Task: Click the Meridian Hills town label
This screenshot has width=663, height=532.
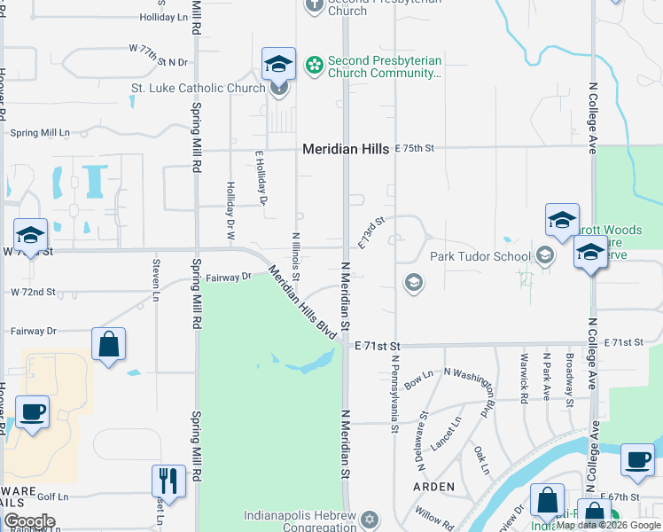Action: pos(346,149)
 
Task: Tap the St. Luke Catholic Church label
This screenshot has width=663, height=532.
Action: pos(198,88)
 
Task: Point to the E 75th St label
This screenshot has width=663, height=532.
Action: pos(417,148)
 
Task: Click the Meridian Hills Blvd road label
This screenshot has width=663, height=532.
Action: pos(301,302)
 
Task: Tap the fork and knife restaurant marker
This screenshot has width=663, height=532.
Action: pos(168,481)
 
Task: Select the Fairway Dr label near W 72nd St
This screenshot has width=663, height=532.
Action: pos(229,278)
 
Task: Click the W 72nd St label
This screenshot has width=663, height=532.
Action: pos(33,292)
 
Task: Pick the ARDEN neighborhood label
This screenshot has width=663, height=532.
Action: pos(433,487)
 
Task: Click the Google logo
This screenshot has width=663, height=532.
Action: pos(28,521)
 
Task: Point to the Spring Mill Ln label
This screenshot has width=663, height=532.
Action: pos(39,133)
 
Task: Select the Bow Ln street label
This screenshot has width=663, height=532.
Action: pos(417,380)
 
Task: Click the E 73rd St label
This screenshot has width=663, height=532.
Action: pos(372,231)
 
